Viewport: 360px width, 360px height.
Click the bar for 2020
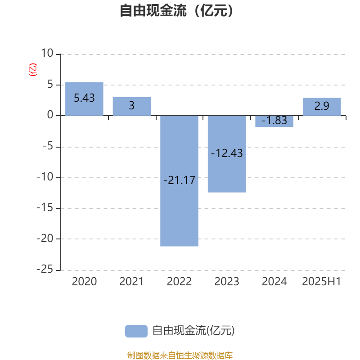coord(84,99)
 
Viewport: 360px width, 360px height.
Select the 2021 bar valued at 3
coord(132,106)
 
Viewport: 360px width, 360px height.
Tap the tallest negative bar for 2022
coord(179,181)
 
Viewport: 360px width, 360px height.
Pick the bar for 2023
coord(227,154)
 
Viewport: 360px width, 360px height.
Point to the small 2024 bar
coord(274,121)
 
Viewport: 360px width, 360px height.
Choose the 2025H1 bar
coord(322,107)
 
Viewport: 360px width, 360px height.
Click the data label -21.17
coord(179,180)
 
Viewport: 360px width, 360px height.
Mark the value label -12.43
coord(227,153)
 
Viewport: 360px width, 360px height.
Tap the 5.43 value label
coord(84,98)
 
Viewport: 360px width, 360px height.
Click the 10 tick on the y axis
coord(47,53)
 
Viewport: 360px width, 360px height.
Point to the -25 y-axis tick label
coord(45,269)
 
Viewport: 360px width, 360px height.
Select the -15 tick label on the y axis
coord(45,208)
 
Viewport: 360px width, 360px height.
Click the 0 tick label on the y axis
coord(50,115)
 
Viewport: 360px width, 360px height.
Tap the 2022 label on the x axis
coord(179,282)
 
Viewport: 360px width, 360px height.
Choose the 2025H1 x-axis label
coord(321,282)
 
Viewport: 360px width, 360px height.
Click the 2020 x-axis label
coord(84,282)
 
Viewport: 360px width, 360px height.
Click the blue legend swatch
coord(136,331)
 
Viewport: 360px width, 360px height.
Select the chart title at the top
coord(176,10)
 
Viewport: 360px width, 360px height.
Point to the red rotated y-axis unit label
coord(33,70)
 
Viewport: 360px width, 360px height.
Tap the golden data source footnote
coord(180,355)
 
